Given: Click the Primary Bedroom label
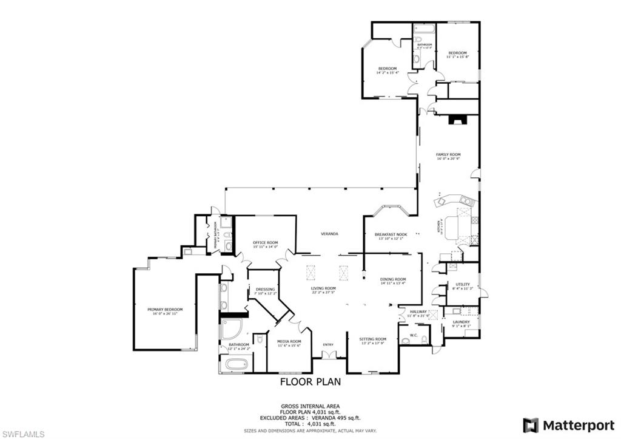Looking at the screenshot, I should point(164,309).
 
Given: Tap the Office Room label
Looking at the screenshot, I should point(265,242).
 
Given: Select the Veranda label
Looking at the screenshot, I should point(329,234).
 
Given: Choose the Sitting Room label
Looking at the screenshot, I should point(372,339).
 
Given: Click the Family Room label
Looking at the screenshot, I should point(448,155).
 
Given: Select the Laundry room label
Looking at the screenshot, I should point(461,322).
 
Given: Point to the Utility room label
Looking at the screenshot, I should point(463,284).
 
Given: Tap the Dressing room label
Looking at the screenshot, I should point(265,289).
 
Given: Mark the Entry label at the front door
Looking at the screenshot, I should point(328,345).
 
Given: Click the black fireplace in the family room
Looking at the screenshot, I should point(456,120).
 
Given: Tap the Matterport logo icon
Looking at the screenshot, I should point(531,425).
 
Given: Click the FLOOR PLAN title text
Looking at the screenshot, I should point(310,382).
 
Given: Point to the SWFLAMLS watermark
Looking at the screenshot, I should point(23,434).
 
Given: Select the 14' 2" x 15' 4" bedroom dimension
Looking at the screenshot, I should point(387,73).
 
